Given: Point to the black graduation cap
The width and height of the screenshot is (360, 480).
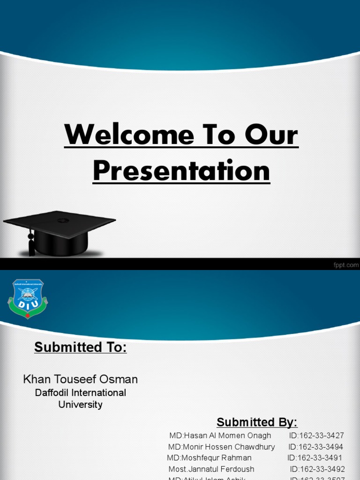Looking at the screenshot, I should (x=60, y=232).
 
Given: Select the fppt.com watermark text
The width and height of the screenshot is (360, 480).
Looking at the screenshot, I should (x=345, y=265).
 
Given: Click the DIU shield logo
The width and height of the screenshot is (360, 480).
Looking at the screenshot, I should (x=28, y=299).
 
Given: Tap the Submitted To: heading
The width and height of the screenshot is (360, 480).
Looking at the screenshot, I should (x=81, y=348).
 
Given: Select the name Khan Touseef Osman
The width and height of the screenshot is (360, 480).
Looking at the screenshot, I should (x=81, y=379).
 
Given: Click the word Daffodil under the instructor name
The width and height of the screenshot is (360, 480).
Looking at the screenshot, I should (x=53, y=392).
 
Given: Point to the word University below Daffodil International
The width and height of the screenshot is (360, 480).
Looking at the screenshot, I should (x=80, y=405).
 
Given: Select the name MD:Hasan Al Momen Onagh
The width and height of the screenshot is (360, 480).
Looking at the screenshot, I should (x=220, y=435).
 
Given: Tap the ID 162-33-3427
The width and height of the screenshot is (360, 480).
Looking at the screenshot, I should (x=316, y=435).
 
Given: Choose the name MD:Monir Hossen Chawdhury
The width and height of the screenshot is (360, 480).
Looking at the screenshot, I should (x=222, y=447).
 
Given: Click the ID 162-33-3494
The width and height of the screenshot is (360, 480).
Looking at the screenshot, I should (x=316, y=447).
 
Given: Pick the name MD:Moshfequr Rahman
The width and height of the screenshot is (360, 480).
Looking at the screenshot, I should (x=210, y=458).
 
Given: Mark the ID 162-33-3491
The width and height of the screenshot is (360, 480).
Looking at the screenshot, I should (x=315, y=458).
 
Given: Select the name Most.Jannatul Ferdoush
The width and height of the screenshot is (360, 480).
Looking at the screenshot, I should (x=211, y=469).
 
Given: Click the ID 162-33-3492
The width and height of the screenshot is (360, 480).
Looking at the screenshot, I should (x=317, y=469).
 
